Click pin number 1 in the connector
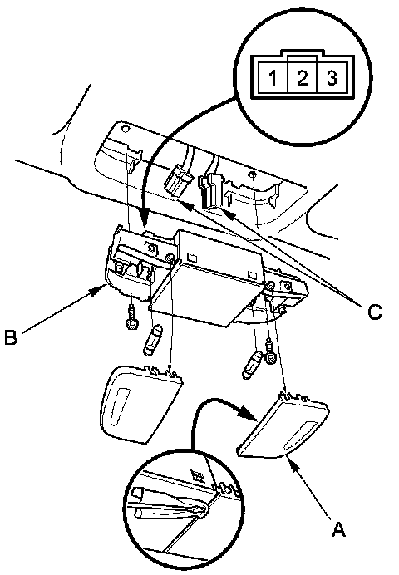[273, 78]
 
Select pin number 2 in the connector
[303, 78]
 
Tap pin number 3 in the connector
[331, 78]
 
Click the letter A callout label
[338, 529]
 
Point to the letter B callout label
[11, 337]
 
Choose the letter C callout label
[374, 312]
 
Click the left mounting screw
[131, 318]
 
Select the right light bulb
[253, 365]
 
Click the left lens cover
[141, 403]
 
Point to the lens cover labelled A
[283, 425]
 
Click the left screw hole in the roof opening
[126, 129]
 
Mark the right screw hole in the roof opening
[251, 173]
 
